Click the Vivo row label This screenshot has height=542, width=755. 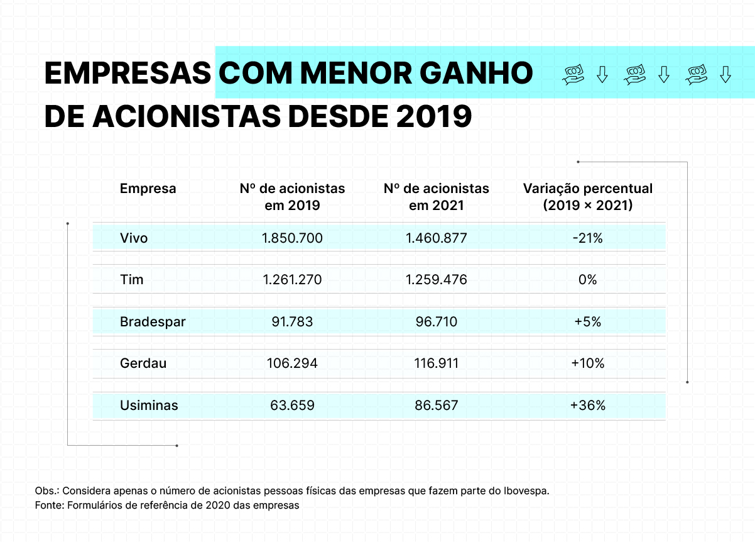click(x=134, y=238)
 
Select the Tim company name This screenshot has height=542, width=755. click(x=132, y=280)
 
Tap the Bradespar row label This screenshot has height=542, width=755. click(x=153, y=322)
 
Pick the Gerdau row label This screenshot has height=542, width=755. click(x=143, y=363)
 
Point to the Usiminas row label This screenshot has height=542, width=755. click(x=149, y=406)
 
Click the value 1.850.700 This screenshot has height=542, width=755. click(x=292, y=238)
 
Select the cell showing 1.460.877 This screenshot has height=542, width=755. click(x=436, y=238)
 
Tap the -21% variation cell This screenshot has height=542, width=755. click(x=588, y=238)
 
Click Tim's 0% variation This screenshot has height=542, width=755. click(x=588, y=280)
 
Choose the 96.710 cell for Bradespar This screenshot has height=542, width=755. click(x=436, y=322)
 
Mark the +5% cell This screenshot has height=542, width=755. click(x=588, y=322)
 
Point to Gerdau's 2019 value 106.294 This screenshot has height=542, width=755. click(x=292, y=363)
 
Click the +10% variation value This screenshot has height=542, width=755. click(x=588, y=363)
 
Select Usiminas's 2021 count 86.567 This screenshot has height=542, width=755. click(x=436, y=406)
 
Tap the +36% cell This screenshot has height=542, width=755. click(x=588, y=406)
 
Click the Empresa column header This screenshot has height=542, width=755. click(x=148, y=189)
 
